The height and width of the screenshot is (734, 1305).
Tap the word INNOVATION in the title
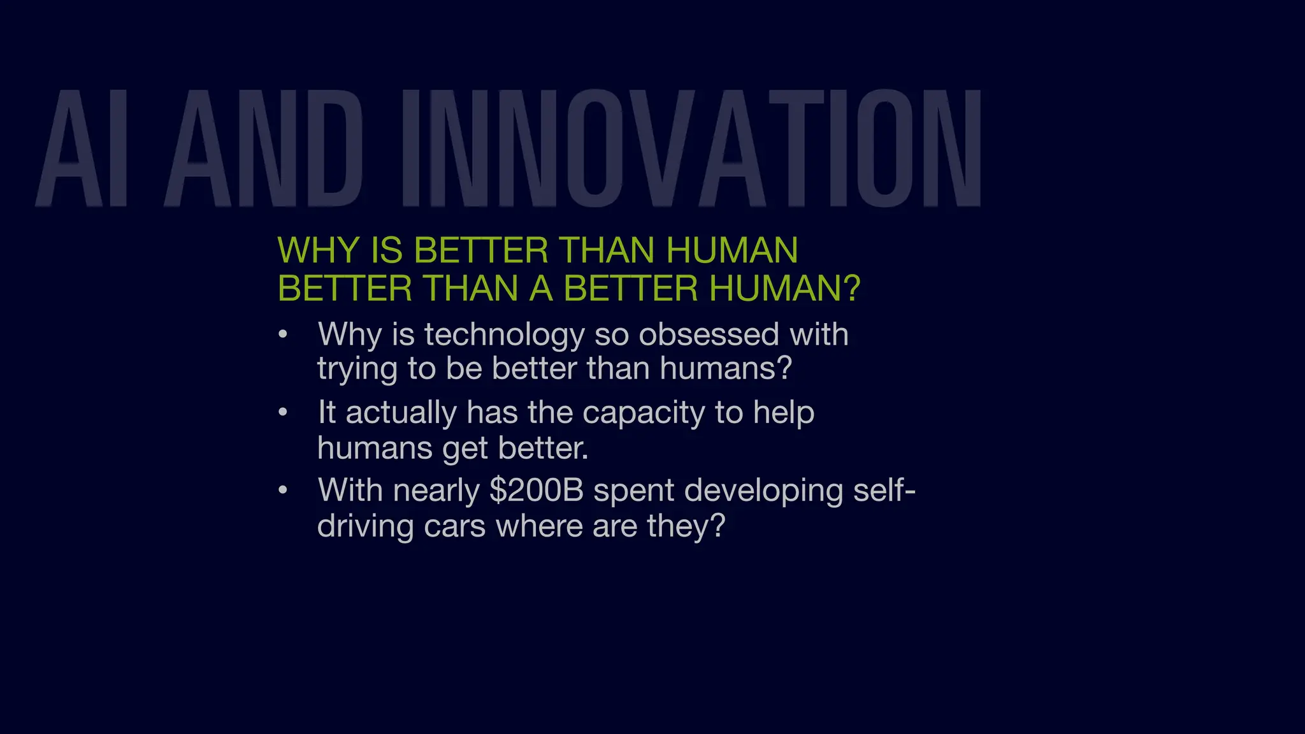(x=692, y=149)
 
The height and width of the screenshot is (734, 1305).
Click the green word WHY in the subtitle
(x=318, y=250)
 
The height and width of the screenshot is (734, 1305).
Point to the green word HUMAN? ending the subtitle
(x=784, y=289)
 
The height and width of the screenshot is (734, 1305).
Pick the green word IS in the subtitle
(x=386, y=250)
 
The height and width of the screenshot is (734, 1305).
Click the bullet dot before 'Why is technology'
(x=284, y=335)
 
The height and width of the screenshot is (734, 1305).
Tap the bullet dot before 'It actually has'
(x=284, y=413)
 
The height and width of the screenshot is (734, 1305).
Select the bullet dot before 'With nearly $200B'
(x=284, y=491)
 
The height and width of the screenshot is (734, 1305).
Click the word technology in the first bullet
(x=505, y=336)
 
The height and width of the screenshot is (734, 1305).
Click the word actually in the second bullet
(x=401, y=414)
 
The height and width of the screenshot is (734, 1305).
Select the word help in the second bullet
(x=784, y=413)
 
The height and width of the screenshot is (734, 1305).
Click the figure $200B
(x=537, y=491)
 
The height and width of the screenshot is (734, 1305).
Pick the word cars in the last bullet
(x=455, y=526)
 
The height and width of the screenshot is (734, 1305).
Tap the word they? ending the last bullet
(x=686, y=527)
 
